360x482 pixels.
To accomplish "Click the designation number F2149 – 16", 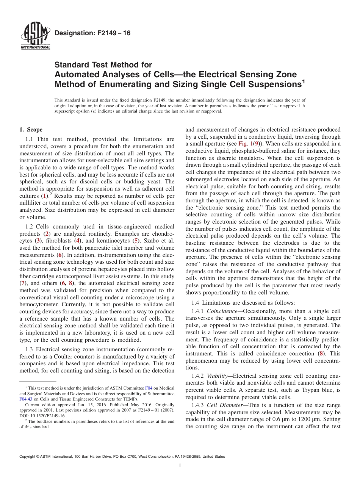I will (x=92, y=33).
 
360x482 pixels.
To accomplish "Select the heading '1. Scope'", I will (x=31, y=130).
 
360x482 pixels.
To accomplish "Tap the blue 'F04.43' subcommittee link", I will (x=26, y=399).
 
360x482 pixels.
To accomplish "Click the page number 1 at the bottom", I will (x=180, y=466).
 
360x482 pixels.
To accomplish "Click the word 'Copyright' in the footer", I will (x=28, y=457).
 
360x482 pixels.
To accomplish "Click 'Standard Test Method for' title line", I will (x=103, y=65).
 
